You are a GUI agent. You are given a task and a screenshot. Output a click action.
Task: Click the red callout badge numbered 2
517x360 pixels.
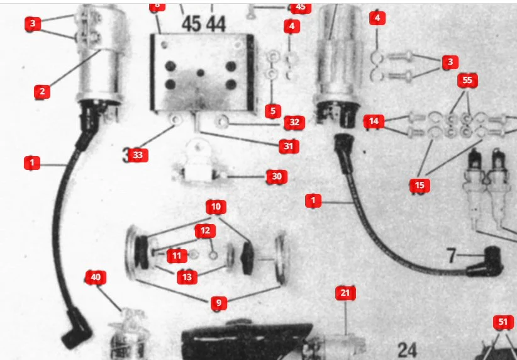pos(42,91)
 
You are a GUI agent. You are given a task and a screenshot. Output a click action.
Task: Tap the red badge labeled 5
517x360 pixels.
pos(272,111)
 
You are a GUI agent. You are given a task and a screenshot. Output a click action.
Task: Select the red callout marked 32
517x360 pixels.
pos(294,122)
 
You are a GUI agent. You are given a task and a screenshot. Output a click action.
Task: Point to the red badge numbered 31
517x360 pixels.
pos(289,146)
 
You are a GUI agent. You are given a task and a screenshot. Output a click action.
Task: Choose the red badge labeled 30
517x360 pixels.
pos(276,177)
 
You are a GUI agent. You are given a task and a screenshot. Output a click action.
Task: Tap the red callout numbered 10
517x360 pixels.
pos(216,206)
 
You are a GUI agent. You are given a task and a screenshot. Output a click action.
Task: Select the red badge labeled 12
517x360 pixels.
pos(204,230)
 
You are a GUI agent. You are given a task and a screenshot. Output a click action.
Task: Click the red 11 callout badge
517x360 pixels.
pos(177,256)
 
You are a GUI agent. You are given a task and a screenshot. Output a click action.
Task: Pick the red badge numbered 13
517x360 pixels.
pos(187,276)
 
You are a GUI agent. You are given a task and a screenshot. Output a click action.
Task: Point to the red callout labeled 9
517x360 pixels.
pos(218,303)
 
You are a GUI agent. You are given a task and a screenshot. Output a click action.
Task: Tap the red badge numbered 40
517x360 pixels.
pos(96,277)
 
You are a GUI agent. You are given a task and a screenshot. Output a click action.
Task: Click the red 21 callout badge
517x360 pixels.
pos(345,293)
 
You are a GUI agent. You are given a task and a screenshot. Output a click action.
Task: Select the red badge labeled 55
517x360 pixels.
pos(467,80)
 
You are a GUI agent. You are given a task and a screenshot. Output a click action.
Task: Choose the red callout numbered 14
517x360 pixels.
pos(374,121)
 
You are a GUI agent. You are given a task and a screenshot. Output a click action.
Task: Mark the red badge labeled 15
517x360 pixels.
pos(419,185)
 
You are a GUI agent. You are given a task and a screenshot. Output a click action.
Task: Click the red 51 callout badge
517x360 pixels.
pos(503,322)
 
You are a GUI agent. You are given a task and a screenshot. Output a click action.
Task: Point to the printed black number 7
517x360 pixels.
pos(451,256)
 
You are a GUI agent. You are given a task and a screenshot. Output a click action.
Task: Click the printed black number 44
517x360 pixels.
pos(216,24)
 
